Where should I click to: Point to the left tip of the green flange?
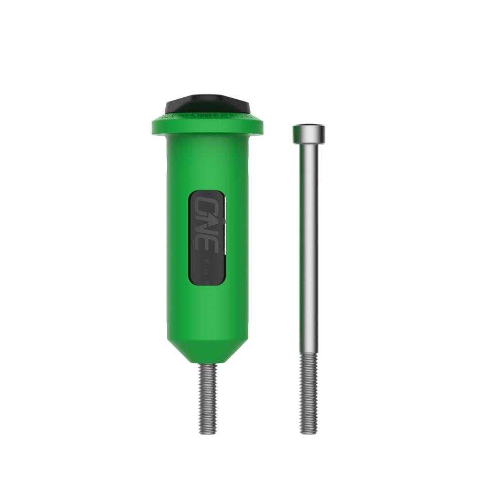[x=153, y=126]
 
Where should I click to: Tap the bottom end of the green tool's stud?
[x=208, y=431]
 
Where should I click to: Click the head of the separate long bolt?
[x=308, y=134]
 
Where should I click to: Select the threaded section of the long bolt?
[x=308, y=393]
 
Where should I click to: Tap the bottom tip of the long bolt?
[x=308, y=432]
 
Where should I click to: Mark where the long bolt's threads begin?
[x=308, y=353]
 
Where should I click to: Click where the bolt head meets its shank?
[x=308, y=144]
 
